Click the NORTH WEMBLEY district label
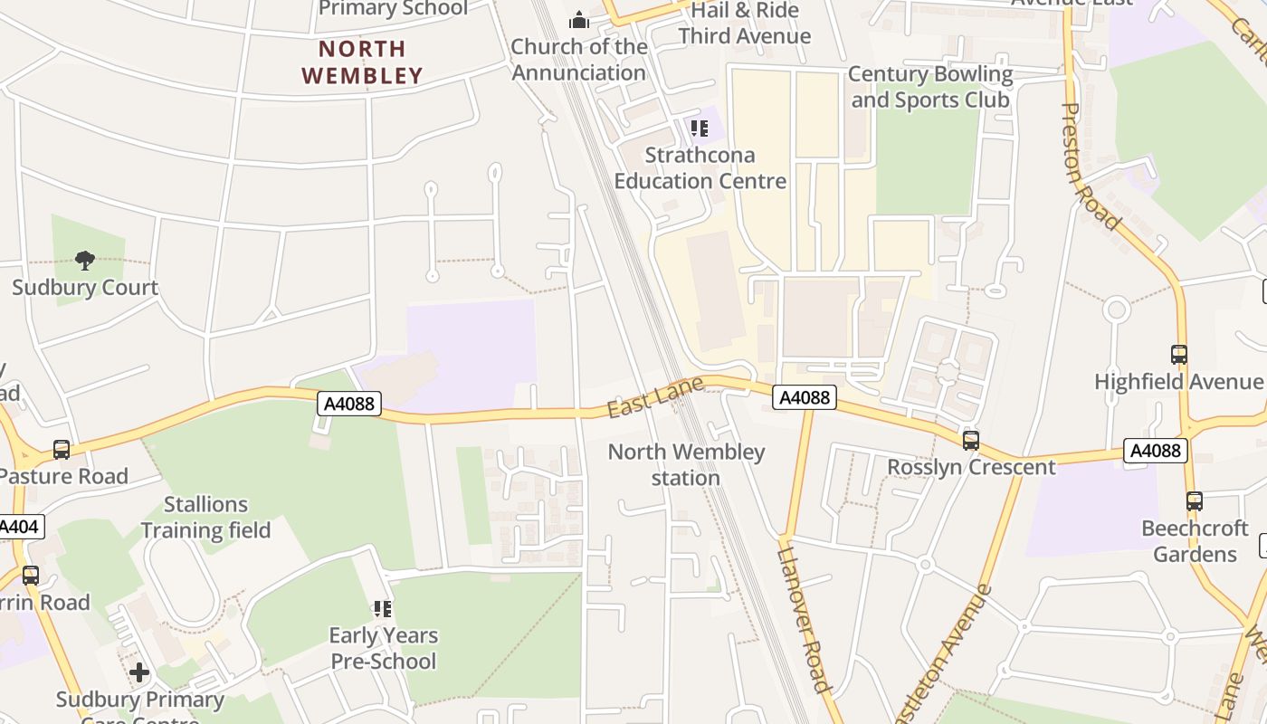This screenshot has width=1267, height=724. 362,62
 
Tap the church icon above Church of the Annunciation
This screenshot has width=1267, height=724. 578,20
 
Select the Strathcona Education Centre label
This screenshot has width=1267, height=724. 700,168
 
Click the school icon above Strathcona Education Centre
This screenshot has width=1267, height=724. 699,129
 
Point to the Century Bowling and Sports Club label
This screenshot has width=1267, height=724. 929,87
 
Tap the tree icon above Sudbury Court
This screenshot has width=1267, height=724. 85,262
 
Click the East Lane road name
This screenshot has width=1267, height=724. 643,398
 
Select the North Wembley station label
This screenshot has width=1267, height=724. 686,464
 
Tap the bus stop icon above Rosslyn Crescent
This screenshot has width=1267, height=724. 971,441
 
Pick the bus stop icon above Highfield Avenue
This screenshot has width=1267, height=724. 1178,355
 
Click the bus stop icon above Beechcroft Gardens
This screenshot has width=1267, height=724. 1194,501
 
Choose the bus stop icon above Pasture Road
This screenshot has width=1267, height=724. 62,450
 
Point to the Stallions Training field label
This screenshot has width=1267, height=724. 205,518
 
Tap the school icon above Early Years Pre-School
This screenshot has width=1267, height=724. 383,609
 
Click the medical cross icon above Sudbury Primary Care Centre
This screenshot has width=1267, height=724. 138,672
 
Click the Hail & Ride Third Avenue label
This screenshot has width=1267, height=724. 744,24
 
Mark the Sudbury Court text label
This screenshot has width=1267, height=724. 85,288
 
